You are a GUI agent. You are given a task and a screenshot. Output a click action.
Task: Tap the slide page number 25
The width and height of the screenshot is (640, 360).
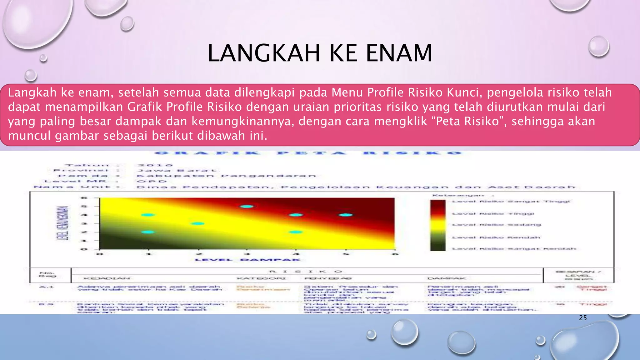pos(583,318)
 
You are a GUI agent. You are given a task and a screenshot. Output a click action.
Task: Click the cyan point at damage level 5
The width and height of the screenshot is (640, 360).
pos(346,215)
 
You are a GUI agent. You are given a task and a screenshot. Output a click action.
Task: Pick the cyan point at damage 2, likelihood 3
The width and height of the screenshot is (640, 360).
pos(198,223)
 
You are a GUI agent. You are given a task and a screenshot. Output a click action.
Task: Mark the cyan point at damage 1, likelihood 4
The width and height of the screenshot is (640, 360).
pos(148,215)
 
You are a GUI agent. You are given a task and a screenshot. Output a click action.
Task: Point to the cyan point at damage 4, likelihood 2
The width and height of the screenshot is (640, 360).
pos(296,232)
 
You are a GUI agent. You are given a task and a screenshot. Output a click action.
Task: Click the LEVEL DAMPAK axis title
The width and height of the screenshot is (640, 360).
pos(247,260)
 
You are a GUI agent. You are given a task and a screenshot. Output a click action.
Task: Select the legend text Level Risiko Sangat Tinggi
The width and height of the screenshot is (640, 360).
pos(511,202)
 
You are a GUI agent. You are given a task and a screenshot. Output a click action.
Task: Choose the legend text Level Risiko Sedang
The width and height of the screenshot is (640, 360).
pos(497,225)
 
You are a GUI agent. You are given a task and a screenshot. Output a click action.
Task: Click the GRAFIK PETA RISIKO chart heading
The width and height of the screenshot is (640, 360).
pos(308,153)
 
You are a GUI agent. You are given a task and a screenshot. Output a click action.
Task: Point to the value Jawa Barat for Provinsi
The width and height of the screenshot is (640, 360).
pos(177,171)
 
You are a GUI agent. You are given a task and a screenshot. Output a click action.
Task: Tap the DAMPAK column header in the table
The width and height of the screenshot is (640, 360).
pos(447,278)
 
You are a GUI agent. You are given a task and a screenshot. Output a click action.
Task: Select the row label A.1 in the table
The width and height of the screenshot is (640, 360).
pos(46,287)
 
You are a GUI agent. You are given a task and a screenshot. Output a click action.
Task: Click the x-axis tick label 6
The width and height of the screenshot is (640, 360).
pos(395,254)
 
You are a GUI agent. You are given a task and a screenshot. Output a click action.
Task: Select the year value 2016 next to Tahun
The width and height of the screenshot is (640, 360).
pos(155,165)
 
